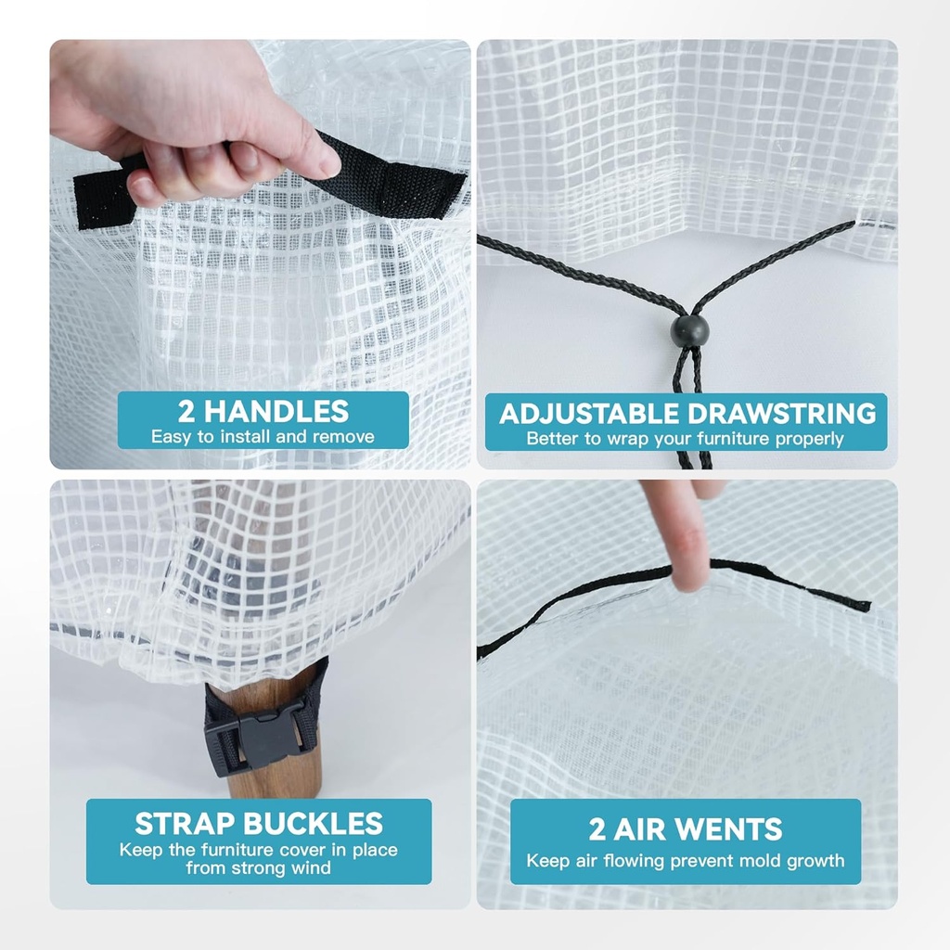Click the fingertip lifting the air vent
[x=690, y=575]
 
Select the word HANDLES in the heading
[x=276, y=412]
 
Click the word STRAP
[x=185, y=824]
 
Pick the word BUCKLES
[x=314, y=824]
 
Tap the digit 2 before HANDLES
[x=186, y=412]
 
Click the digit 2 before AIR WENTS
[x=597, y=829]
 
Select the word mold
[x=765, y=861]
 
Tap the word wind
[x=311, y=868]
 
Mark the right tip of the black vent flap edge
[x=869, y=605]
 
